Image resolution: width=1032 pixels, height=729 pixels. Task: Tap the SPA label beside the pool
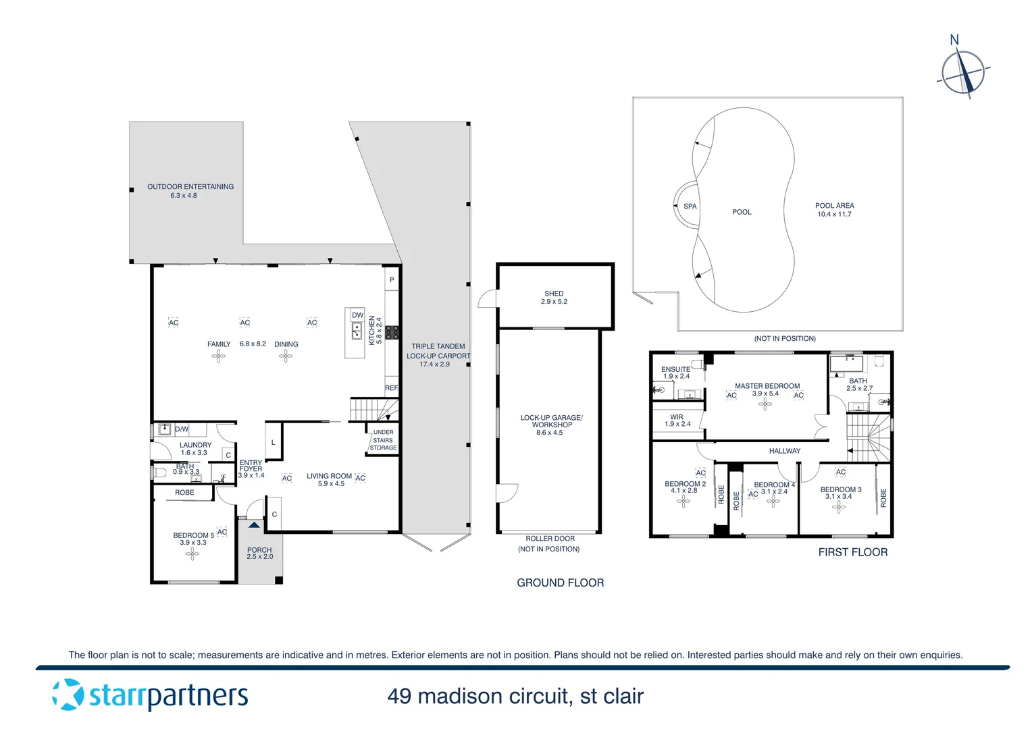point(690,207)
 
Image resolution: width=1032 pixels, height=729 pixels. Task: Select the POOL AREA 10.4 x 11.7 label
point(834,210)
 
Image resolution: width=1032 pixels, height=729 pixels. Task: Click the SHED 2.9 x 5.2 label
point(554,298)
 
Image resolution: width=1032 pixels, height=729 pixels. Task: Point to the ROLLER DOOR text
point(550,539)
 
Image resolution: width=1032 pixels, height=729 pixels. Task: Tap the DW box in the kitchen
point(357,315)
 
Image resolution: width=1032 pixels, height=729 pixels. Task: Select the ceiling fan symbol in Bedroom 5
point(192,554)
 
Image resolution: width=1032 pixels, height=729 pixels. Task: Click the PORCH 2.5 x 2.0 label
point(259,553)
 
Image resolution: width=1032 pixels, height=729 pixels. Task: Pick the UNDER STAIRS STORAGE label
point(383,440)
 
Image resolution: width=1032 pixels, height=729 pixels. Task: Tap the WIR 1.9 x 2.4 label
point(677,421)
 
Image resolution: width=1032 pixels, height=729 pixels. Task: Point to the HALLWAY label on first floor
point(784,451)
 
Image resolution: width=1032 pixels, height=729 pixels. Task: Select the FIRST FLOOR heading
point(852,552)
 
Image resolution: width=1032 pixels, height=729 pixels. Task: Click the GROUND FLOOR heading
point(560,583)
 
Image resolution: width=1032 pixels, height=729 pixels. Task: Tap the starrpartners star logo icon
point(68,695)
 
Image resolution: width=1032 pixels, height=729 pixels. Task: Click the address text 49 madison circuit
point(515,696)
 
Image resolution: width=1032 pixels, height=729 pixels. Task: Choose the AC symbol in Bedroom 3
point(840,472)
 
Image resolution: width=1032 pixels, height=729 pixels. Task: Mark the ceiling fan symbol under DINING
point(286,356)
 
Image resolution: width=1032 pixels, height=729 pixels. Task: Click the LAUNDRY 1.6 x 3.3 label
point(195,449)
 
